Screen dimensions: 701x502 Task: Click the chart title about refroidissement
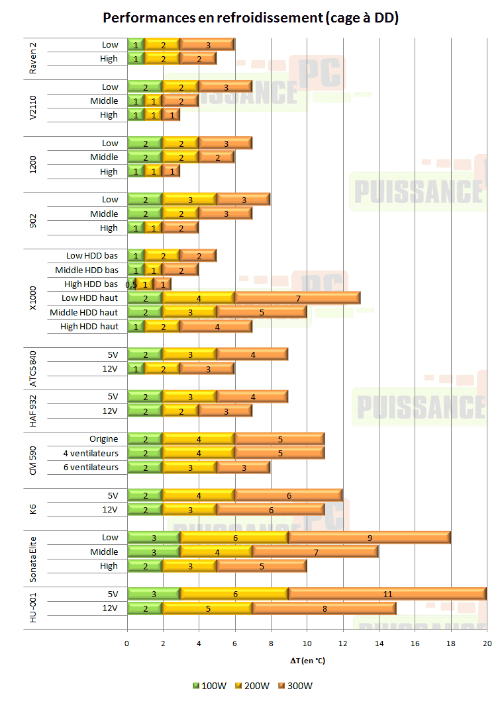pyautogui.click(x=250, y=18)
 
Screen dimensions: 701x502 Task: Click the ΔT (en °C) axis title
pyautogui.click(x=307, y=660)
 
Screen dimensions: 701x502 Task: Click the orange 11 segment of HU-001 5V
pyautogui.click(x=387, y=594)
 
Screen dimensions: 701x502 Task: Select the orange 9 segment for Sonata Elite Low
pyautogui.click(x=370, y=538)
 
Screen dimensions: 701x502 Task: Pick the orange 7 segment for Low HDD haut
pyautogui.click(x=297, y=298)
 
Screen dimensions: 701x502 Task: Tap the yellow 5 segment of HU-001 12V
pyautogui.click(x=207, y=608)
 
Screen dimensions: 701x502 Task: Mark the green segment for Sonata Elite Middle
pyautogui.click(x=154, y=552)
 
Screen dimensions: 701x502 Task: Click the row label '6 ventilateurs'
pyautogui.click(x=91, y=467)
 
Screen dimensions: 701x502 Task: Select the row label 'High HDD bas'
pyautogui.click(x=91, y=284)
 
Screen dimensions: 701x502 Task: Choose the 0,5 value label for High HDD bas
pyautogui.click(x=131, y=284)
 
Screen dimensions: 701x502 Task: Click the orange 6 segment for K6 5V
pyautogui.click(x=288, y=495)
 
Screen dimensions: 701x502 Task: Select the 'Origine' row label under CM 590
pyautogui.click(x=104, y=438)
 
